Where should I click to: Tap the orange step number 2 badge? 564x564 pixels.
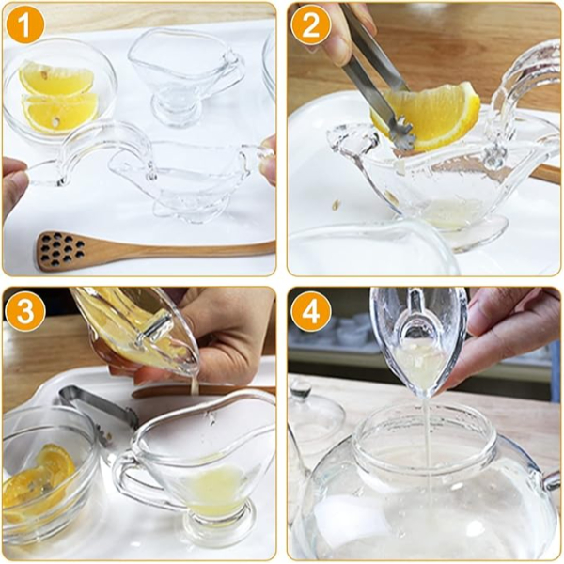click(x=309, y=25)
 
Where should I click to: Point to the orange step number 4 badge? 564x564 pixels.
click(x=309, y=311)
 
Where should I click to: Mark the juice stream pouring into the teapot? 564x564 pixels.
click(x=426, y=442)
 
